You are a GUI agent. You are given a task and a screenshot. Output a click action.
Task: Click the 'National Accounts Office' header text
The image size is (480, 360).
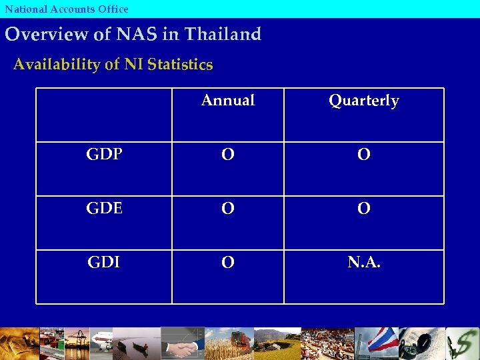pos(67,9)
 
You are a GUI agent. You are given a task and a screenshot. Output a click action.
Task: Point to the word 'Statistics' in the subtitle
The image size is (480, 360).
pos(181,65)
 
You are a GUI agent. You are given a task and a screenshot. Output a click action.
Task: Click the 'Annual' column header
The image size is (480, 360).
pos(228,101)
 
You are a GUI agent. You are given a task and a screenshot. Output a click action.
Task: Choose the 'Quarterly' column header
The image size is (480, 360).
pos(363,101)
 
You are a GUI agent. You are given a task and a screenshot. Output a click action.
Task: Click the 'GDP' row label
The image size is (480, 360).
pos(104,155)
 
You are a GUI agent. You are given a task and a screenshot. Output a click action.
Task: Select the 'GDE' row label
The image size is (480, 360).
pos(104,209)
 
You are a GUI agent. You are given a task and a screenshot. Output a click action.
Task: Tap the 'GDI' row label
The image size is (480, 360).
pos(104,263)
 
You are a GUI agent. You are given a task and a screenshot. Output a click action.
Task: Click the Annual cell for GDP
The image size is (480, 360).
pos(228,155)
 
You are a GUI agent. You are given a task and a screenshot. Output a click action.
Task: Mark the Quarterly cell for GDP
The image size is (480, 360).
pos(363,155)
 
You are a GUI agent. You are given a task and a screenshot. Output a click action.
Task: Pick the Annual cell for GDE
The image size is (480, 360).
pos(228,209)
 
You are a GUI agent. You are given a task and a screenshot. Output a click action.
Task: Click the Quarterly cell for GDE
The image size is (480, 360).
pos(363,209)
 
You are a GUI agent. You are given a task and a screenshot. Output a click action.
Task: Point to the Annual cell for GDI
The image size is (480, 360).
pos(228,263)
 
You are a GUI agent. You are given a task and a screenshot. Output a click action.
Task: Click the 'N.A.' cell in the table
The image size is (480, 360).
pos(363,263)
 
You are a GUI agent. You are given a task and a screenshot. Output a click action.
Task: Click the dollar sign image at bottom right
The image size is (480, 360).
pos(464,344)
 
